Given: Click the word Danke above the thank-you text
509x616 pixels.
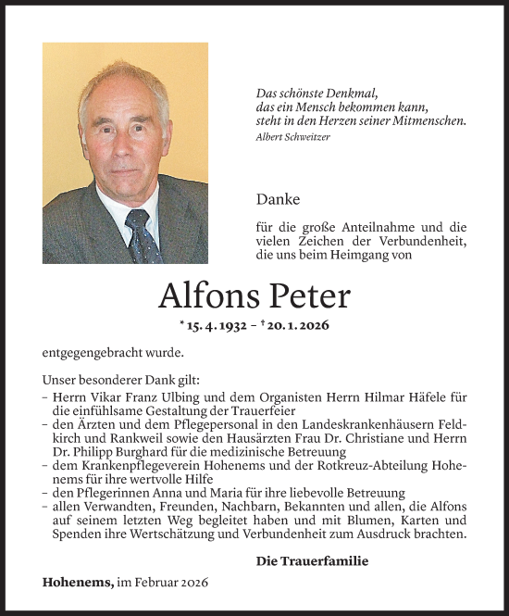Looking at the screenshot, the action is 274,198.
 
